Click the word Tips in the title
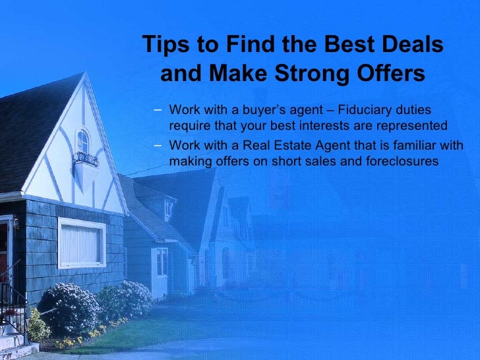coord(164,45)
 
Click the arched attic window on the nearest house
coord(82,141)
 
